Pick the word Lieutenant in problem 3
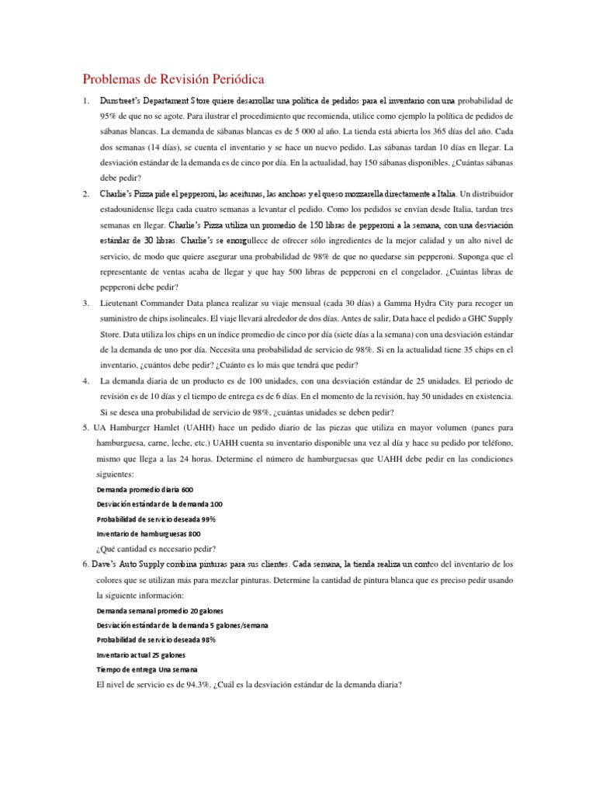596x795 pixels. pyautogui.click(x=124, y=302)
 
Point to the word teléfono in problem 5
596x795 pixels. pyautogui.click(x=490, y=443)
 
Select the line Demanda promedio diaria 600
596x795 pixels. pyautogui.click(x=144, y=490)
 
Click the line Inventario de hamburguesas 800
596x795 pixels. pyautogui.click(x=148, y=533)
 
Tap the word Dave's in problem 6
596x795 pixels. pyautogui.click(x=109, y=564)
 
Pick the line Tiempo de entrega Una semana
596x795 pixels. pyautogui.click(x=147, y=669)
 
